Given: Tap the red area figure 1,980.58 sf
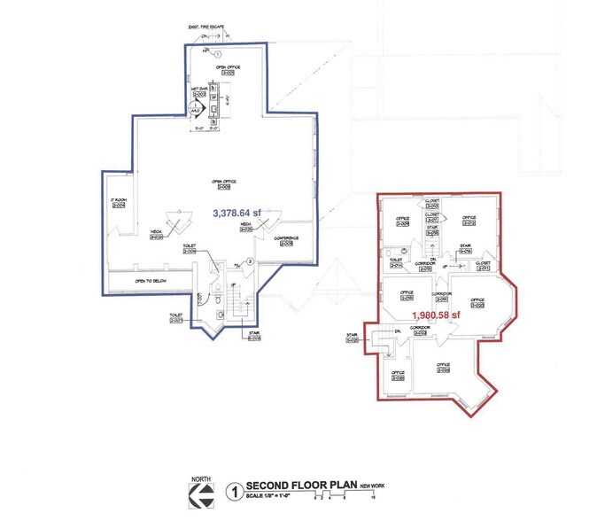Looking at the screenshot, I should coord(437,315).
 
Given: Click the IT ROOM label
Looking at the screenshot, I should coord(119,201).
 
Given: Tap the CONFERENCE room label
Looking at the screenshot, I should coord(286,238).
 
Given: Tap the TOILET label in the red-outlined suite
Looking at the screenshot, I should coord(396,260).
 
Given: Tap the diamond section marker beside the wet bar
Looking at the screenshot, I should coord(197,108).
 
